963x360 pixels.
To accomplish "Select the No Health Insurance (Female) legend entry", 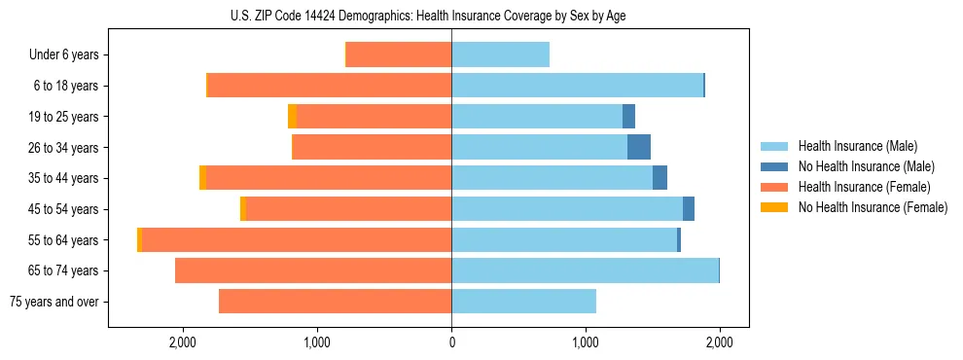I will [x=873, y=207].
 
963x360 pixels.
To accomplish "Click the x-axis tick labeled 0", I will [x=451, y=343].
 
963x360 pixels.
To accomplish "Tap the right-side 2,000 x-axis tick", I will [x=719, y=343].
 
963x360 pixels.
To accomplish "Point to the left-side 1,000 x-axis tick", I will [x=317, y=343].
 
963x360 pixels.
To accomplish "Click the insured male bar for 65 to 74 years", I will [x=585, y=270].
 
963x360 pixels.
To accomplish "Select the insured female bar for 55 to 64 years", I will [x=297, y=240].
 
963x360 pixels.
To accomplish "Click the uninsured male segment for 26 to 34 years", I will [x=639, y=148].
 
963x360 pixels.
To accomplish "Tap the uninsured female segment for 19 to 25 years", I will [x=293, y=117].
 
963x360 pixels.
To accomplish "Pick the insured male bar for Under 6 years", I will [x=500, y=55].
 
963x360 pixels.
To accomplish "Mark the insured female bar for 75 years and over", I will [x=335, y=302].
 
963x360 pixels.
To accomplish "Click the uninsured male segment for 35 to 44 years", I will [x=660, y=178].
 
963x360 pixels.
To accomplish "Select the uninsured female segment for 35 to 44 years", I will [x=202, y=178].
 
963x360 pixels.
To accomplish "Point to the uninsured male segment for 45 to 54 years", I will [x=689, y=209].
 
